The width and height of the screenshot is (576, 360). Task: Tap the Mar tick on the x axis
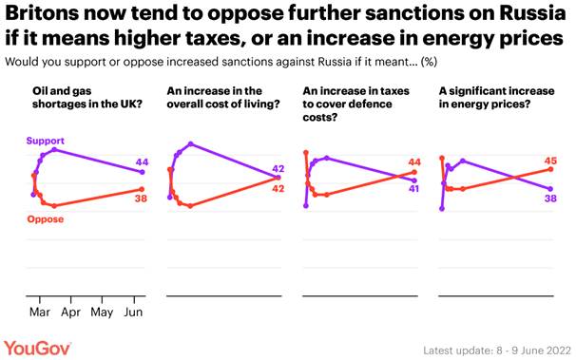[x=40, y=311]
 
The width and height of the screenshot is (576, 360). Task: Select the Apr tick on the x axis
[x=70, y=311]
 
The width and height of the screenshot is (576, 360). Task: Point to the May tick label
[x=102, y=311]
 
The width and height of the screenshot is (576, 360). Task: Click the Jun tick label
[x=133, y=311]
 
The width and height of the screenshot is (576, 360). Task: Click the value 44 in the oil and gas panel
[x=141, y=161]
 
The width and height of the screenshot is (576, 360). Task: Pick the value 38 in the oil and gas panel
[x=141, y=200]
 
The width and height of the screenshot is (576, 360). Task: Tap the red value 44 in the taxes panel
[x=414, y=161]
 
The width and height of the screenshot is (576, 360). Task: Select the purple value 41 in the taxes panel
[x=414, y=189]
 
